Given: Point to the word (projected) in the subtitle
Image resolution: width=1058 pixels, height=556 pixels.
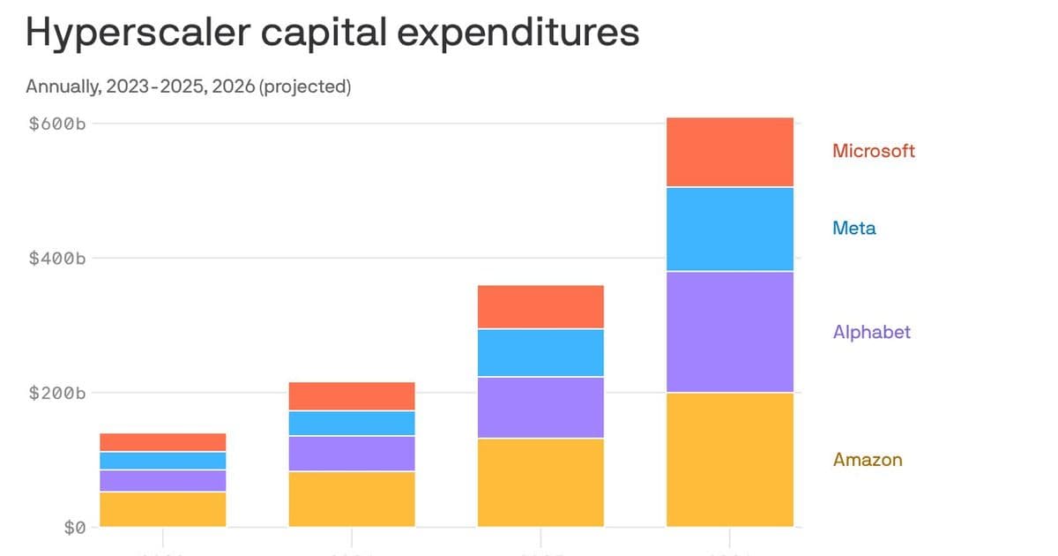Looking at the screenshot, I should [305, 86].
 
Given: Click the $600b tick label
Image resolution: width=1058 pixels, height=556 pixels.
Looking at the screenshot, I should [56, 124].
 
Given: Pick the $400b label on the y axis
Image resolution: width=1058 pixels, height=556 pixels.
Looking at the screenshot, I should [56, 259].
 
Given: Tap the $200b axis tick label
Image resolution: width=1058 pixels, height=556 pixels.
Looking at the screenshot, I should [56, 393].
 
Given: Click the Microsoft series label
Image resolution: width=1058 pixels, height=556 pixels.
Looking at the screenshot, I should [874, 151].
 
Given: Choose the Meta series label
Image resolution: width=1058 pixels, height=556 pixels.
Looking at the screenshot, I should [854, 229].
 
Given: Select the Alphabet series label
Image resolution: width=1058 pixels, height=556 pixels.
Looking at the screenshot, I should [871, 333].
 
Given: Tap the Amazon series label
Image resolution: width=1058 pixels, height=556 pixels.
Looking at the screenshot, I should [868, 460].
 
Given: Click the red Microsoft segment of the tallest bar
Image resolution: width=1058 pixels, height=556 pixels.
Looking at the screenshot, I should [730, 152].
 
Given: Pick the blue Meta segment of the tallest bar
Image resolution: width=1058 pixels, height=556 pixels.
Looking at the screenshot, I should [730, 229].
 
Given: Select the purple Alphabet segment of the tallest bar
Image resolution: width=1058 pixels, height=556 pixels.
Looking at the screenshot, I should [730, 332].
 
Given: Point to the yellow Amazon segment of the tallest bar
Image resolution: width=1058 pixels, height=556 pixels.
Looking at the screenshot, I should [730, 460].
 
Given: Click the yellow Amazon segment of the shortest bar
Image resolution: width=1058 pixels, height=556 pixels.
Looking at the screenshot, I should [163, 509].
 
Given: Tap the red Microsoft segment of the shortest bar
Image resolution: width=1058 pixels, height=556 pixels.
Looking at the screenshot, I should [163, 442].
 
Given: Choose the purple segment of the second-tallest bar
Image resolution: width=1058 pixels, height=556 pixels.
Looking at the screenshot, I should [540, 408].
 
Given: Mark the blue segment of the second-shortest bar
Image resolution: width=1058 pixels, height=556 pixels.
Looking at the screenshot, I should [352, 424].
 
